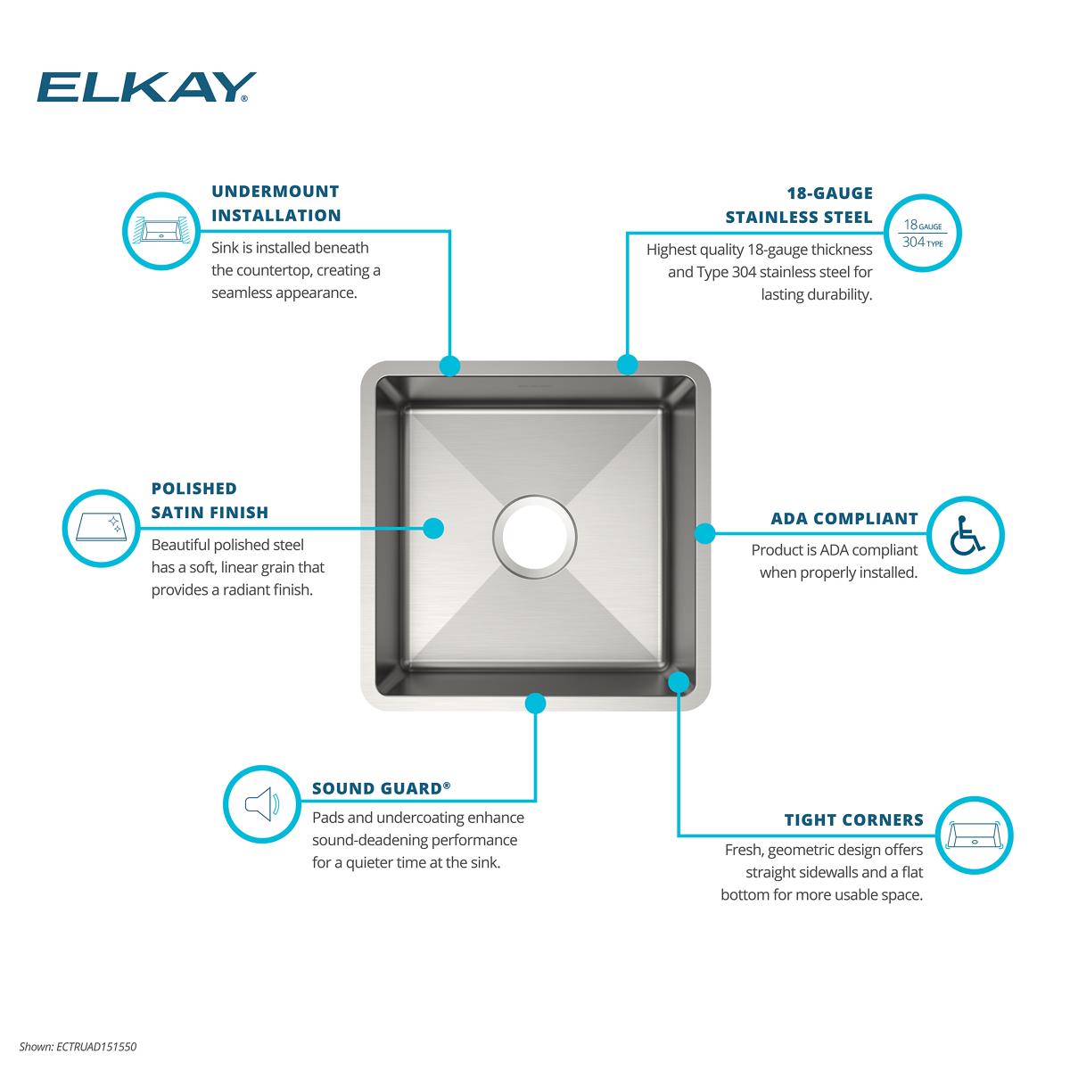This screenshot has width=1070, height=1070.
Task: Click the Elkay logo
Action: click(146, 87)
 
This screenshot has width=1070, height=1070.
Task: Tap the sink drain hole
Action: click(534, 536)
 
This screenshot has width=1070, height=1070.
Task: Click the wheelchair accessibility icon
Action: click(967, 535)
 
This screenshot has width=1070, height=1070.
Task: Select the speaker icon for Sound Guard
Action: click(262, 803)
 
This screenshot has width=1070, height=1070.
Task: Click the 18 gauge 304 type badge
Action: click(922, 233)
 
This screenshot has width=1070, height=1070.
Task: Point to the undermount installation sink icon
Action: click(161, 230)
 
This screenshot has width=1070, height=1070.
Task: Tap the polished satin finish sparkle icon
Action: click(101, 528)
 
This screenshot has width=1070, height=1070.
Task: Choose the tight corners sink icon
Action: click(974, 835)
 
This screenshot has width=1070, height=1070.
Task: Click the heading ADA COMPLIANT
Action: click(844, 519)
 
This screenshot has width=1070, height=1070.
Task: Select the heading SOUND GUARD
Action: click(381, 788)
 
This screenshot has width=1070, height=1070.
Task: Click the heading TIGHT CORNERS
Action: click(853, 819)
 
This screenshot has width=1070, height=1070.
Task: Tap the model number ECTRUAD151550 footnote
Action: click(78, 1047)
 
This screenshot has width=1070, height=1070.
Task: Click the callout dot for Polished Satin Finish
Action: click(433, 528)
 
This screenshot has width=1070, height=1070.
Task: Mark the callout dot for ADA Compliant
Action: click(704, 533)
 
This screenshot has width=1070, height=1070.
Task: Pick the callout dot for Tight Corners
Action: click(679, 682)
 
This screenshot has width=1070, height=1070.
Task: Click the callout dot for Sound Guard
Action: click(535, 703)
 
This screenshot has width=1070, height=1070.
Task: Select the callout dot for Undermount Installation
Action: click(449, 366)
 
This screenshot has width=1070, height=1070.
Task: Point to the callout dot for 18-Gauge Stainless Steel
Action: click(628, 365)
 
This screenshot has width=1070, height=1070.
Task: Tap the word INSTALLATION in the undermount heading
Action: click(276, 216)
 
